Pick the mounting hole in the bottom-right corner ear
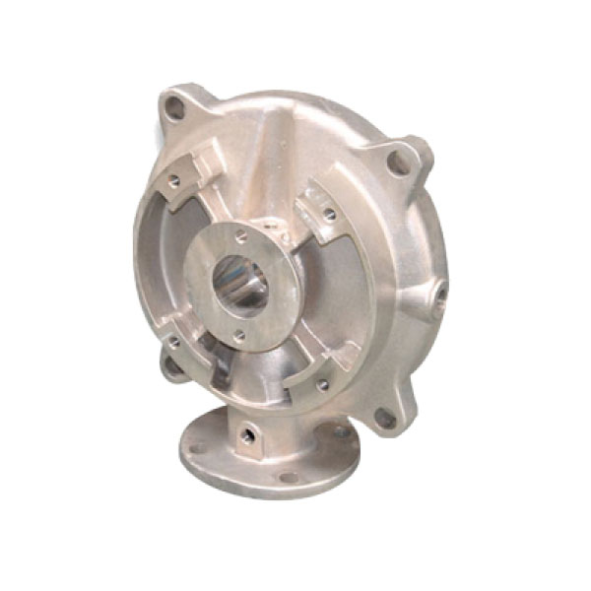tap(385, 418)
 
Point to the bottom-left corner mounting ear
tap(173, 366)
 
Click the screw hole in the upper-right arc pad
tap(329, 213)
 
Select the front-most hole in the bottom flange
tap(289, 479)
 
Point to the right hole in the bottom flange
tap(340, 431)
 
